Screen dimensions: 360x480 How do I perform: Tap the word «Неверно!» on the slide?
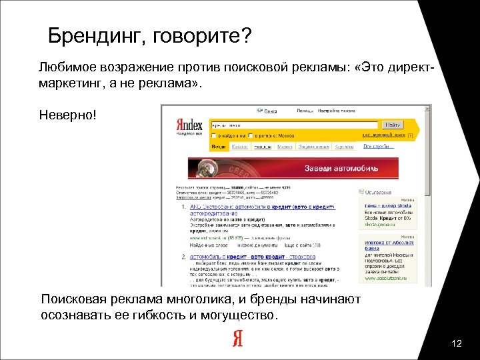click(x=68, y=115)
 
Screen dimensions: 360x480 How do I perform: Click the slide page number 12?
click(x=457, y=343)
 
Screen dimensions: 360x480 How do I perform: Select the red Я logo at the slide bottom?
click(x=238, y=339)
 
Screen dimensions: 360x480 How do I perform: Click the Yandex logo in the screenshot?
click(x=190, y=124)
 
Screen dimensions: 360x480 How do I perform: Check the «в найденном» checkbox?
click(x=213, y=135)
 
